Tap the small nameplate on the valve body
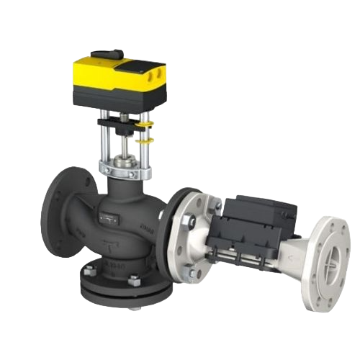[x=109, y=214]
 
